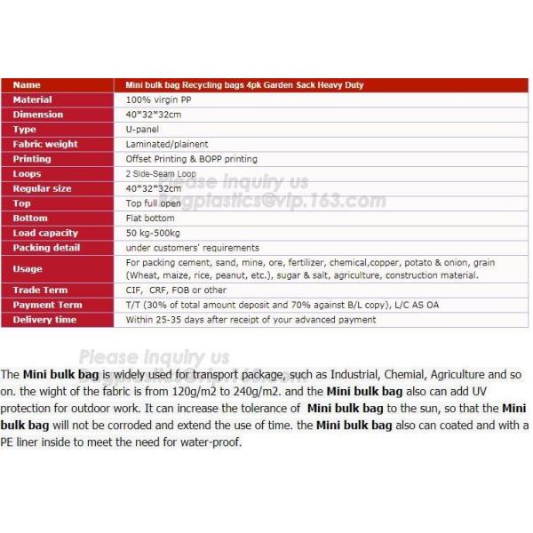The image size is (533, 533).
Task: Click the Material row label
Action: click(33, 99)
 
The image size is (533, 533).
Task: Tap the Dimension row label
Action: click(38, 115)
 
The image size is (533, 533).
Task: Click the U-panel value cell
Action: click(142, 130)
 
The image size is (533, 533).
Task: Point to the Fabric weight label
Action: click(45, 144)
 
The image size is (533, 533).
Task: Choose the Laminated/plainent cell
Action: click(167, 144)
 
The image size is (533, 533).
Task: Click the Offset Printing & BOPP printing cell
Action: click(191, 159)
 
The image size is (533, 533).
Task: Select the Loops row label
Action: click(28, 174)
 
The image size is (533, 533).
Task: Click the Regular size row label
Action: click(43, 188)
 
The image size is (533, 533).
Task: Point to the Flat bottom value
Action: click(150, 218)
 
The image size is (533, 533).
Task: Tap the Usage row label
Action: click(28, 268)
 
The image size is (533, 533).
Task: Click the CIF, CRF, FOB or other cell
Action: click(176, 290)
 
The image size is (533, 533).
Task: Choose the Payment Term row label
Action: click(47, 305)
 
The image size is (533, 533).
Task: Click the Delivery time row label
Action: click(44, 320)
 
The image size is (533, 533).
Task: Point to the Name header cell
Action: click(28, 85)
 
